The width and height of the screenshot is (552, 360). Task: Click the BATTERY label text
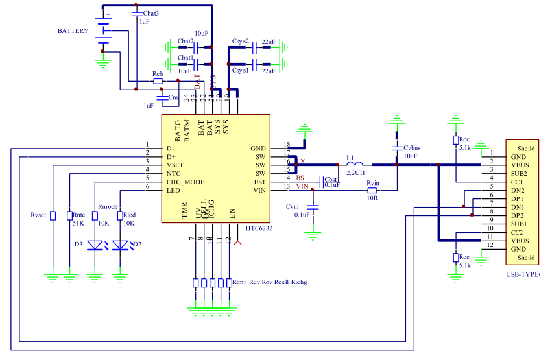[x=73, y=31]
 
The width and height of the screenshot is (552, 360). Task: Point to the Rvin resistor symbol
[x=372, y=190]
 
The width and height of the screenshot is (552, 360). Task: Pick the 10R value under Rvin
[x=372, y=198]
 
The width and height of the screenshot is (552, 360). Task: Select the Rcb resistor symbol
[x=158, y=81]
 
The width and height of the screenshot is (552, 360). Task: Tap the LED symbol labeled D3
[x=97, y=245]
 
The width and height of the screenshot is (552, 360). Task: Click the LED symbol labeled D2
[x=121, y=245]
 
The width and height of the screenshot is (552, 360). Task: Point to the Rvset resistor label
[x=39, y=215]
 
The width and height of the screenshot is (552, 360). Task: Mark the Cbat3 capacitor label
[x=151, y=13]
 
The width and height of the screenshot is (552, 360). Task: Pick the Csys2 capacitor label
[x=241, y=42]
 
